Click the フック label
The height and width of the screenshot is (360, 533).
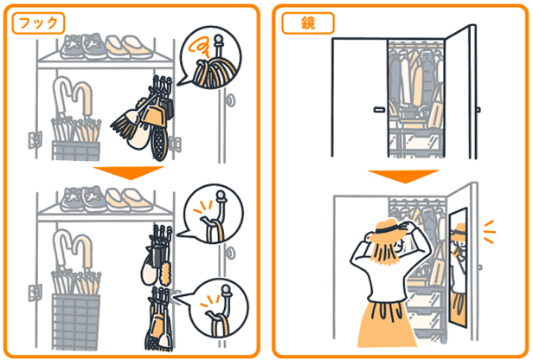coord(38,23)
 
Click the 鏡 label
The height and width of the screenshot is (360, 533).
coord(308,23)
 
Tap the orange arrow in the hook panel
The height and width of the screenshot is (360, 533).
coord(129,173)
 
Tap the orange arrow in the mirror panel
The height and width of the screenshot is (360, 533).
coord(403,177)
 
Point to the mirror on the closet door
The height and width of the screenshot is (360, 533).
coord(459,267)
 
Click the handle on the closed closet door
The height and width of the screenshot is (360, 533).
coord(379,109)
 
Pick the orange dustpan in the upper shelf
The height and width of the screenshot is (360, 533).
coord(154,112)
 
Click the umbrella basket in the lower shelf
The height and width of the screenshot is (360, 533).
coord(76,321)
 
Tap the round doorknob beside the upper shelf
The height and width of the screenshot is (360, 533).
coord(230,100)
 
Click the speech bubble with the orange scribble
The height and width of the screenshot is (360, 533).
coord(210,58)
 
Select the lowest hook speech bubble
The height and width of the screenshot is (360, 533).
coord(218,309)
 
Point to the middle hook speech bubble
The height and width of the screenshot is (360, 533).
coord(214,214)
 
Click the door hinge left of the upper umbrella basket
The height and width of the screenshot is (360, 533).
coord(35,140)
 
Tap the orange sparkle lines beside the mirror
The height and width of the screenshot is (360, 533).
coord(489,232)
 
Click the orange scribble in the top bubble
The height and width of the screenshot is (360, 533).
coord(197,47)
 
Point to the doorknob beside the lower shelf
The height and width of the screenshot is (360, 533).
coord(230,254)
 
